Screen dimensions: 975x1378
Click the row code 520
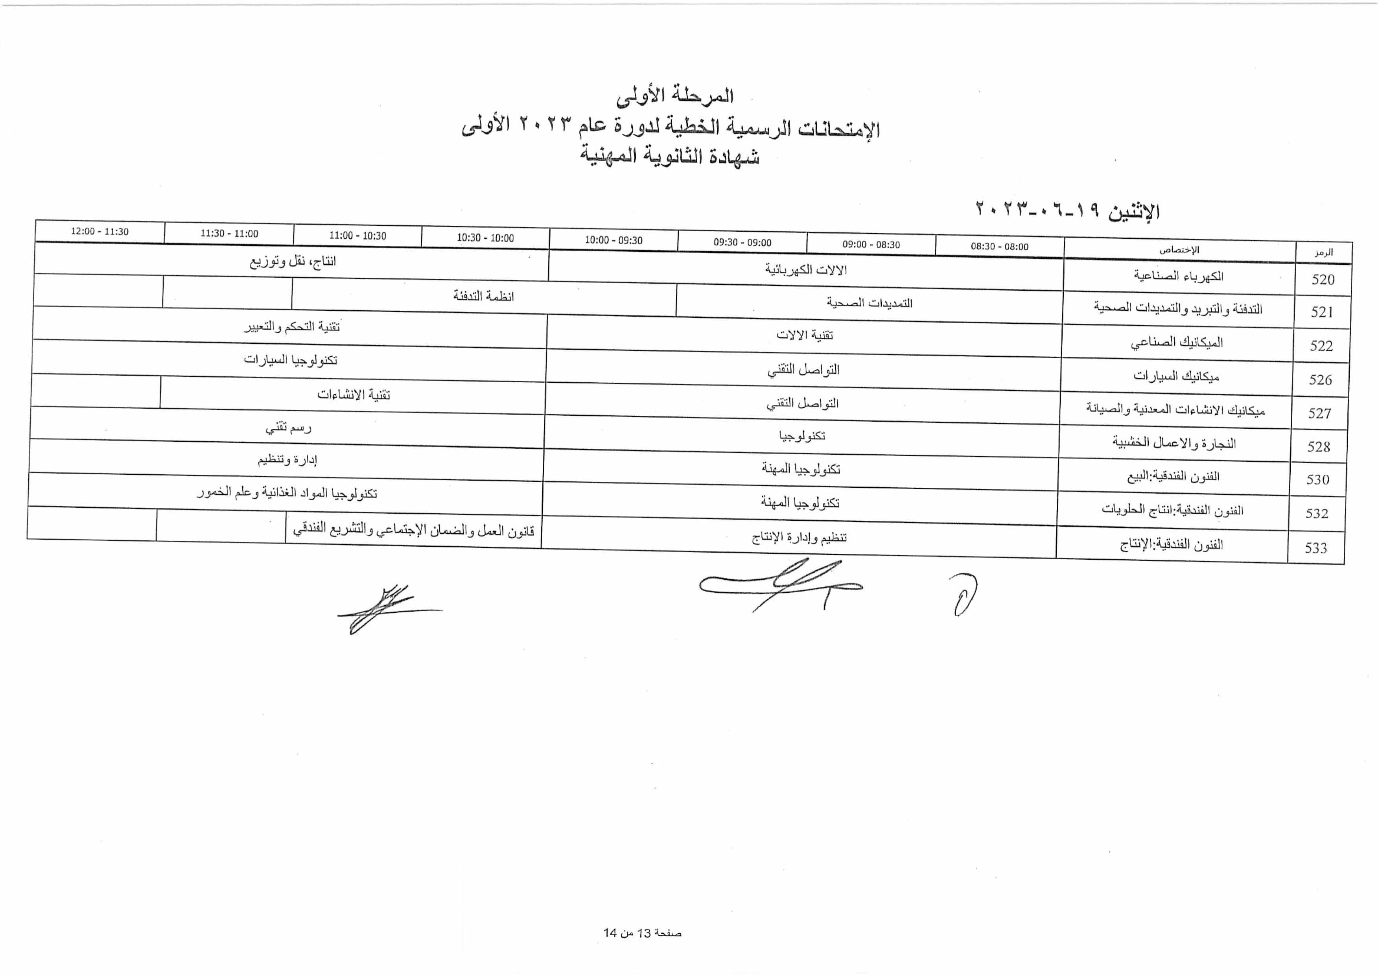[x=1323, y=279]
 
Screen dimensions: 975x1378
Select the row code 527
[x=1320, y=413]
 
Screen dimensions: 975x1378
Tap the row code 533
[x=1315, y=547]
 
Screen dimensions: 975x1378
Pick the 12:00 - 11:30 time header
[x=99, y=231]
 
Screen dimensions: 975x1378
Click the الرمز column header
[x=1323, y=252]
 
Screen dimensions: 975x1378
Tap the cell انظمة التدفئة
[x=483, y=296]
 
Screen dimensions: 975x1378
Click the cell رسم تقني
[x=288, y=428]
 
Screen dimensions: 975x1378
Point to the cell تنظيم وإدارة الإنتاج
[x=799, y=537]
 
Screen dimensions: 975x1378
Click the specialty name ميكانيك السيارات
[x=1176, y=376]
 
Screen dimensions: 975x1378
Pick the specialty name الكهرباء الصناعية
[x=1178, y=276]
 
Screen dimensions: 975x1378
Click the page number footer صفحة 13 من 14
[x=642, y=933]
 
